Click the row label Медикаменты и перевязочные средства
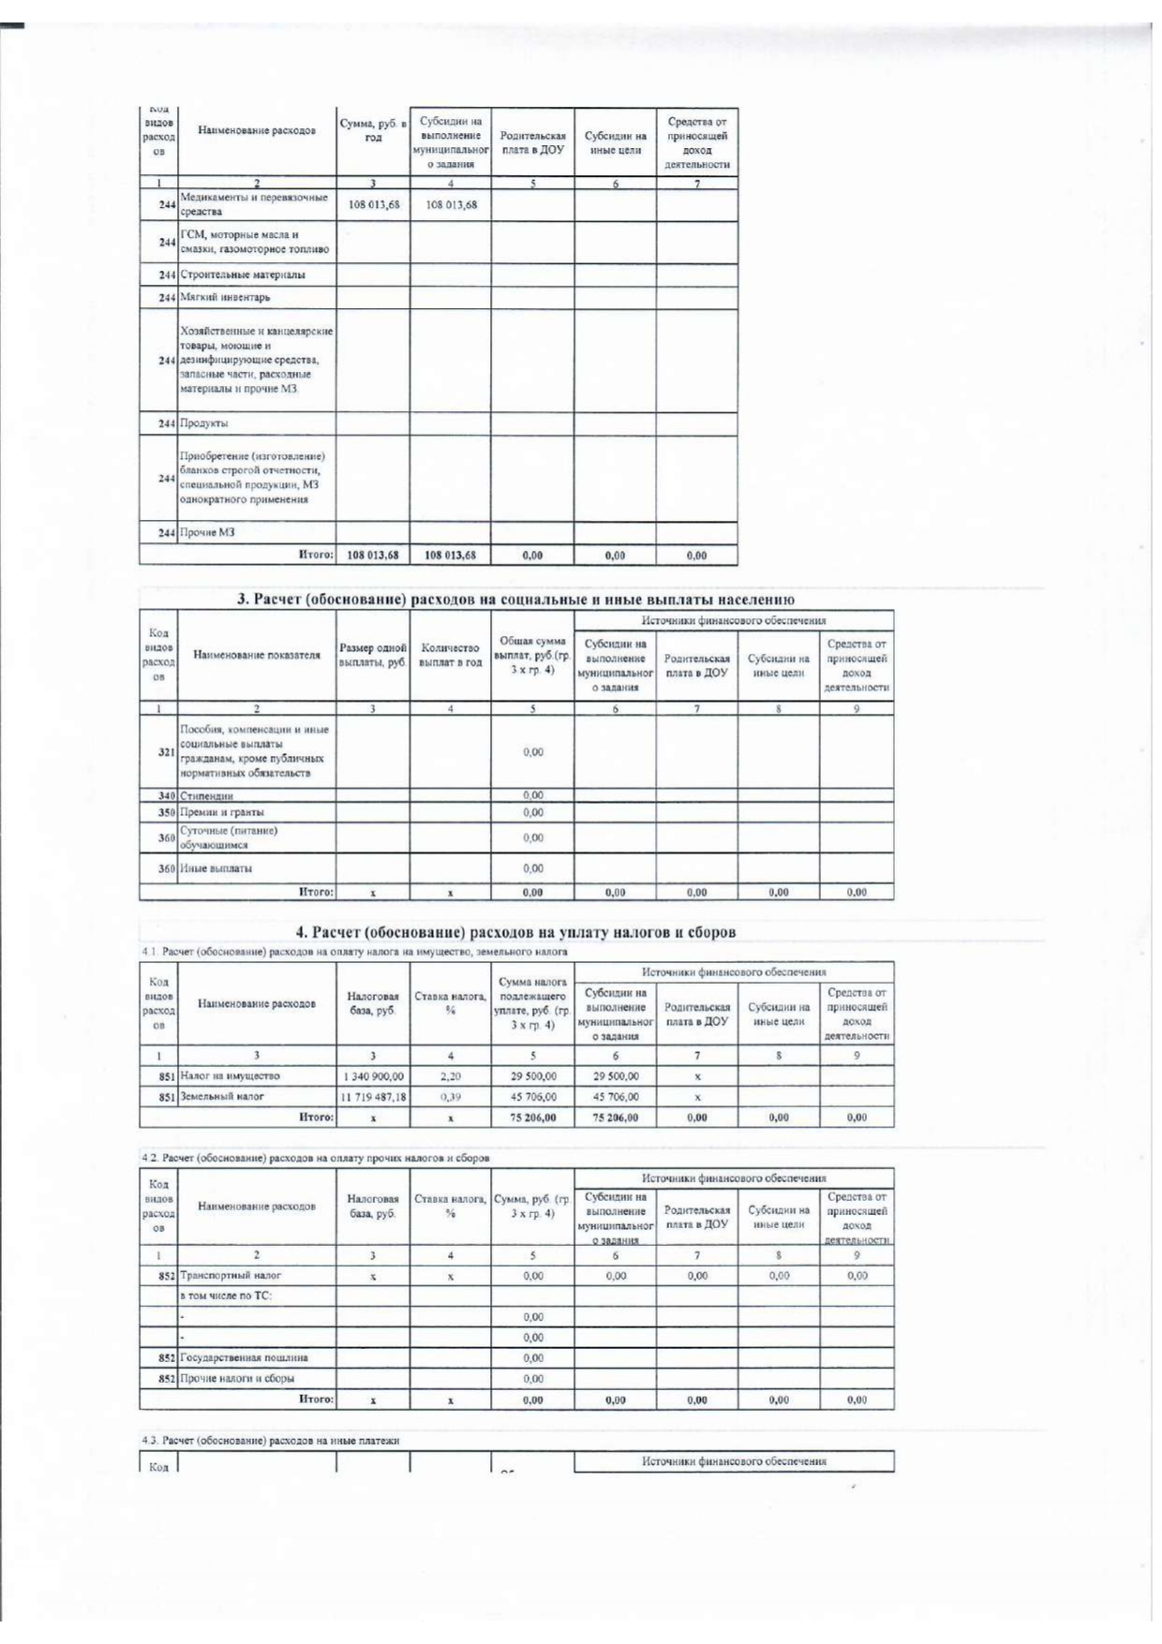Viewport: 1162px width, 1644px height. click(x=254, y=204)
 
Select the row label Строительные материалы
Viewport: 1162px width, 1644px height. click(x=243, y=274)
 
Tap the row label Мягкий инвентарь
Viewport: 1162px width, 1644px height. click(x=225, y=297)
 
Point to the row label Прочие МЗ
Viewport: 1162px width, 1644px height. click(x=207, y=532)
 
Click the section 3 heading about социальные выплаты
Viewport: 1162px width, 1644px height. click(x=515, y=600)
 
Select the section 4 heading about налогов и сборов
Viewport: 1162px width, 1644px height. click(x=515, y=932)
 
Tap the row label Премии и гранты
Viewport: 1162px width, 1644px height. click(x=221, y=812)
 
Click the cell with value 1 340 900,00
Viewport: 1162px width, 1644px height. click(x=373, y=1076)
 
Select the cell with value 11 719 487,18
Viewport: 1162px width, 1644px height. click(x=373, y=1096)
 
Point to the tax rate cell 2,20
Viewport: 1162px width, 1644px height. click(x=451, y=1076)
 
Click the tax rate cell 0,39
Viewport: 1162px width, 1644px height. click(x=451, y=1096)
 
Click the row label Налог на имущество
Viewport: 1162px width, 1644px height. click(x=230, y=1076)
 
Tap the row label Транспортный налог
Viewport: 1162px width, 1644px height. click(x=231, y=1275)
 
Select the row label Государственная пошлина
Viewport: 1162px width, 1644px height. click(x=244, y=1357)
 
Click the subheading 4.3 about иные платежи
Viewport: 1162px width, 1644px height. click(x=271, y=1441)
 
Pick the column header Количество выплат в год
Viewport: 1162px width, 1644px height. click(x=451, y=655)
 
